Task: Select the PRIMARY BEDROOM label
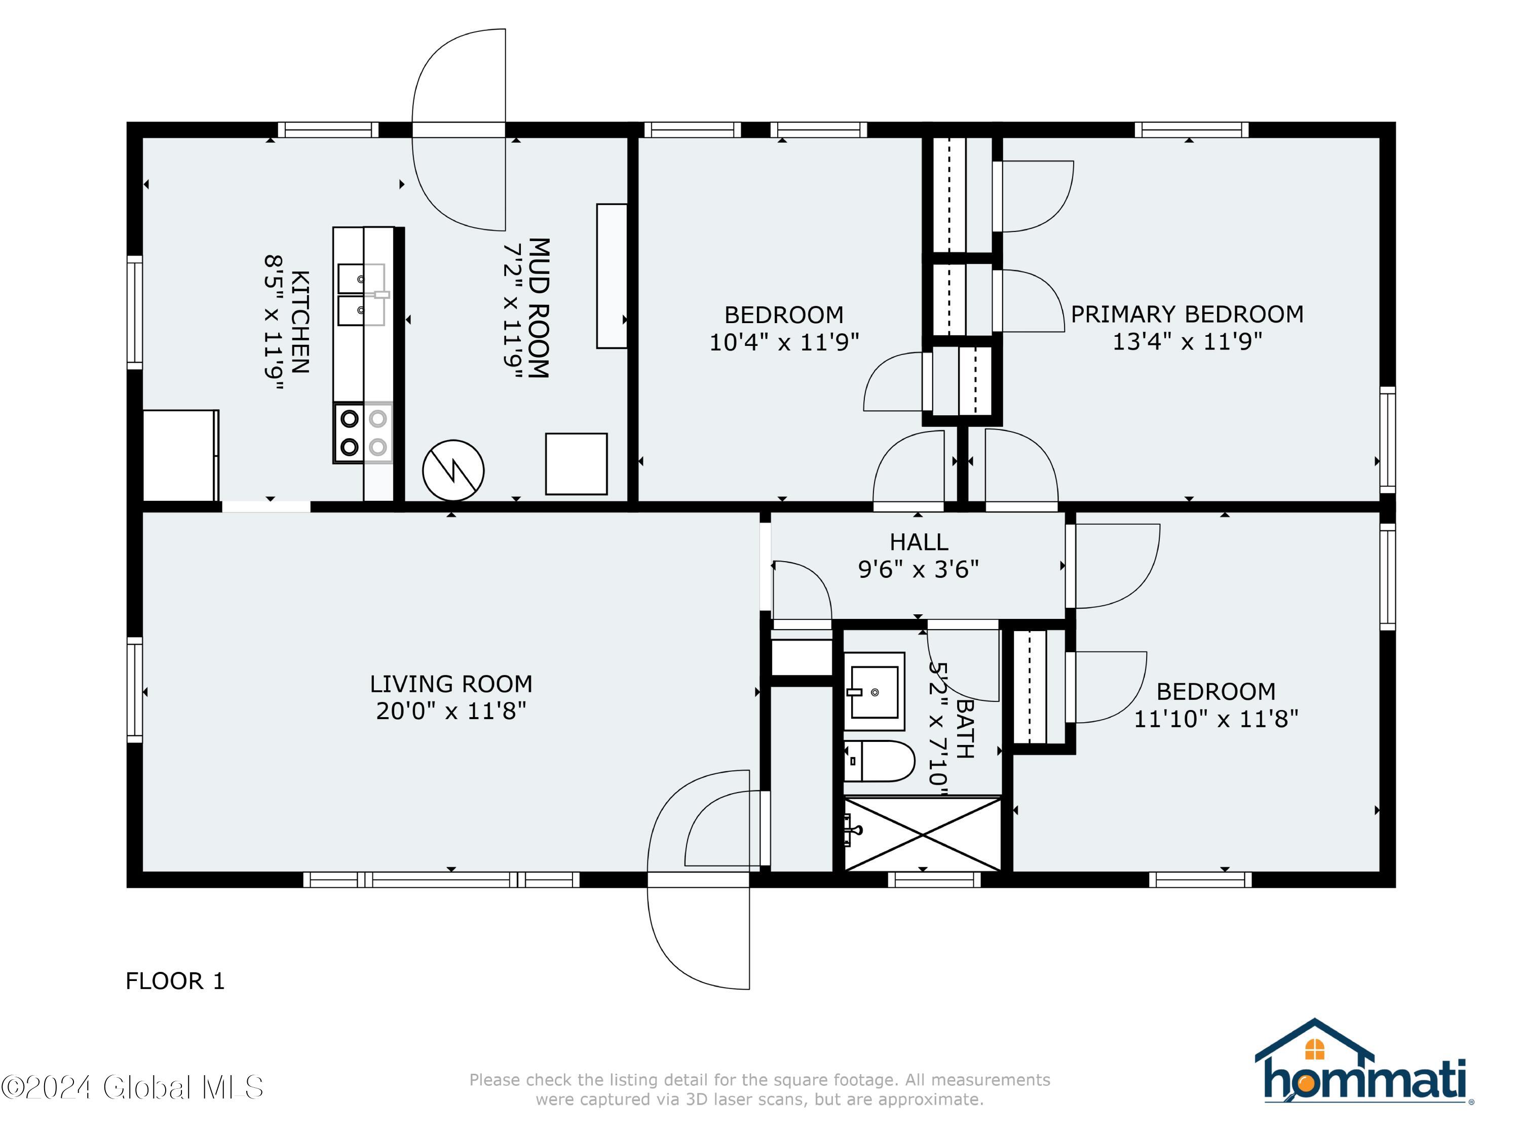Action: pyautogui.click(x=1187, y=314)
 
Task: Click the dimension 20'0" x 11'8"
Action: pyautogui.click(x=451, y=711)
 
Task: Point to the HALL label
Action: pyautogui.click(x=919, y=542)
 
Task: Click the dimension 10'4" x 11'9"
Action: pyautogui.click(x=784, y=341)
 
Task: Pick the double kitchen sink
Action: pyautogui.click(x=361, y=295)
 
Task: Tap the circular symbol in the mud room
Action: pyautogui.click(x=453, y=470)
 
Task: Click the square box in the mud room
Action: pyautogui.click(x=576, y=464)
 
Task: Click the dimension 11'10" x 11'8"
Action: pyautogui.click(x=1215, y=719)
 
